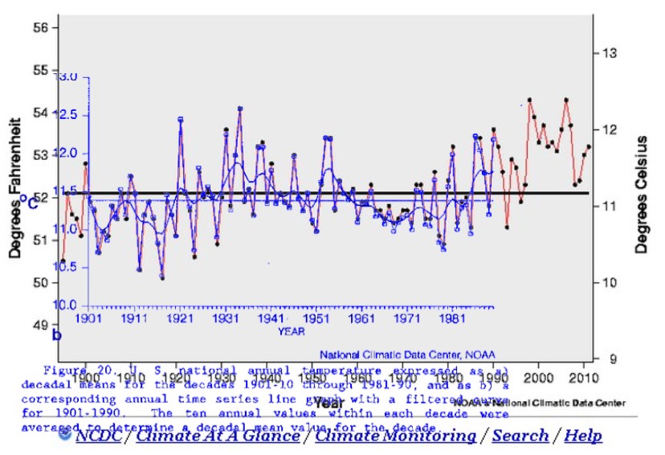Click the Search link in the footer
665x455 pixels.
coord(520,437)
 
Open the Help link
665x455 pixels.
coord(583,437)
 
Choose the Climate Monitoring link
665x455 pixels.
coord(396,437)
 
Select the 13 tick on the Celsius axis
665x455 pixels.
coord(609,53)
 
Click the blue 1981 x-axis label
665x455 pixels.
coord(453,318)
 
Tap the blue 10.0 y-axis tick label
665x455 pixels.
coord(66,305)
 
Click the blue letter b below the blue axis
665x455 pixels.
coord(57,335)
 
